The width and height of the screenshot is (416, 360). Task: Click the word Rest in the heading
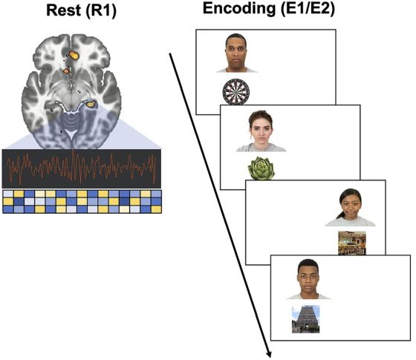coord(63,10)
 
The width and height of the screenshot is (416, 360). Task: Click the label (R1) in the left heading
coord(101,11)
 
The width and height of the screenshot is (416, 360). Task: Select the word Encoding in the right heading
coord(239,9)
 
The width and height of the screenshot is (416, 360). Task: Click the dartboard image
coord(236,92)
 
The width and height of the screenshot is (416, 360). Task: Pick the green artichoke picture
coord(261,168)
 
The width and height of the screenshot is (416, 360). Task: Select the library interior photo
coord(352,243)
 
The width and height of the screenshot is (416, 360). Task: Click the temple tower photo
coord(305,319)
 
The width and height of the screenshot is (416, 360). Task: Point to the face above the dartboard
coord(236,53)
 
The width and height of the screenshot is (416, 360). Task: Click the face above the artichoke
coord(261,128)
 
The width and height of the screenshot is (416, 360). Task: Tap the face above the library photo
coord(351,204)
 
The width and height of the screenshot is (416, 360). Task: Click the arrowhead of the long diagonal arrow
coord(269,355)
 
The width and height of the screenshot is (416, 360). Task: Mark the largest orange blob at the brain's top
coord(74,55)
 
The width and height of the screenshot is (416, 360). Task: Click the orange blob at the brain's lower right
coord(91,104)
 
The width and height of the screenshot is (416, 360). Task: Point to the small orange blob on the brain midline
coord(66,71)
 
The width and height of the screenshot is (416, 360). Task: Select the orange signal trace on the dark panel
coord(82,168)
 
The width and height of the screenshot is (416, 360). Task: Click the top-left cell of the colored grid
coord(8,194)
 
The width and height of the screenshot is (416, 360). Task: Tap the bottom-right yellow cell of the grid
coord(156,209)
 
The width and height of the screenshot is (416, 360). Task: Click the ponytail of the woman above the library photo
coord(340,215)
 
